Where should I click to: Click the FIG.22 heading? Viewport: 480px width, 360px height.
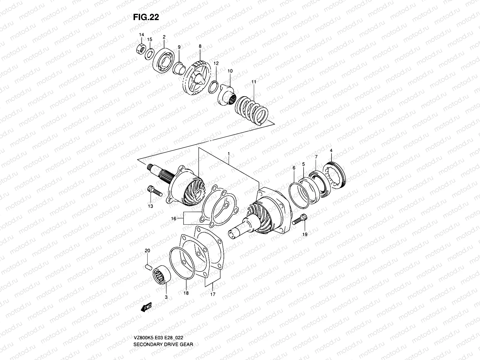click(x=146, y=17)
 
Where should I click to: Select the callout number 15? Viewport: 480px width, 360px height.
click(x=150, y=40)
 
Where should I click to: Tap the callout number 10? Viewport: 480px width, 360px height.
click(x=230, y=71)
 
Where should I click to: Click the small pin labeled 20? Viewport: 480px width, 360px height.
click(x=147, y=266)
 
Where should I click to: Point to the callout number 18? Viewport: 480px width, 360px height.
click(x=186, y=293)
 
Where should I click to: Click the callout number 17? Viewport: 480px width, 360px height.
click(x=213, y=294)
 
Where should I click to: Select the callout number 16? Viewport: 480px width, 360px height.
click(x=173, y=219)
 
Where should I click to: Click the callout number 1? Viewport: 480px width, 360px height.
click(x=229, y=154)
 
